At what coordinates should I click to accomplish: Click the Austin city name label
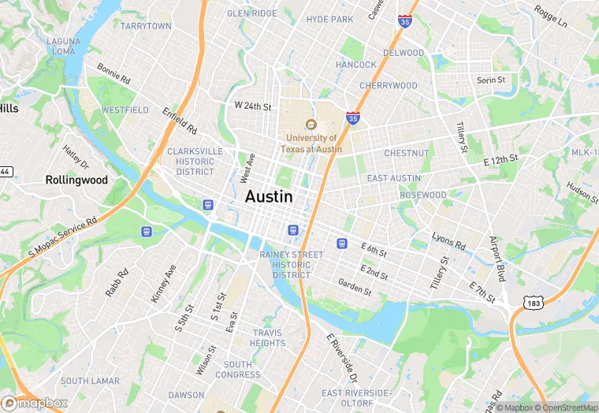269,197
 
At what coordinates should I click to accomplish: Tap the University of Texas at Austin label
313,143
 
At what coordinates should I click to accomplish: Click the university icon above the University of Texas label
311,125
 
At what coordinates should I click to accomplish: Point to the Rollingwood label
76,180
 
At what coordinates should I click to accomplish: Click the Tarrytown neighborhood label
146,26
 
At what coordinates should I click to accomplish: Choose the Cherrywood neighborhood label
388,85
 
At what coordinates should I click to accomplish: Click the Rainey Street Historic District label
291,265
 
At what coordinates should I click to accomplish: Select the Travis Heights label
268,338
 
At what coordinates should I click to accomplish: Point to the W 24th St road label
252,106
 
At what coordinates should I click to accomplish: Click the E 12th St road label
500,159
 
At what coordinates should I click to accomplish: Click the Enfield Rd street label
180,119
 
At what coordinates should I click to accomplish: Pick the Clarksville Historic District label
195,161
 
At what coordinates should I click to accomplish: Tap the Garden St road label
354,286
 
